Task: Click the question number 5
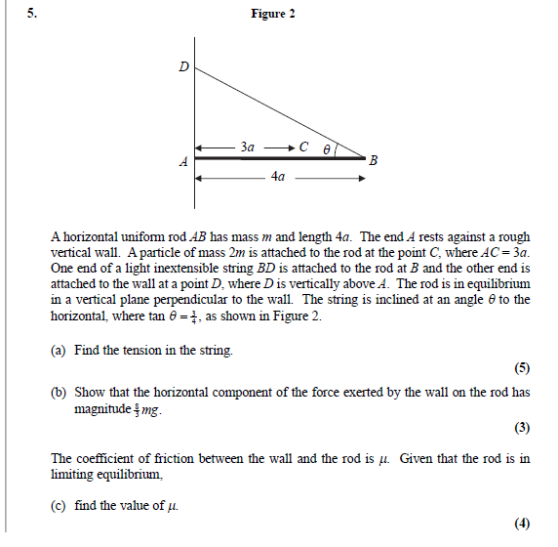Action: [x=32, y=14]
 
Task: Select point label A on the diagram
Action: [x=182, y=162]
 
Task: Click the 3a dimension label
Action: [x=247, y=147]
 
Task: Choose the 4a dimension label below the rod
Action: [x=278, y=178]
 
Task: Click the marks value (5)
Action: [x=522, y=368]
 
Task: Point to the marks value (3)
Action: [x=522, y=427]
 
